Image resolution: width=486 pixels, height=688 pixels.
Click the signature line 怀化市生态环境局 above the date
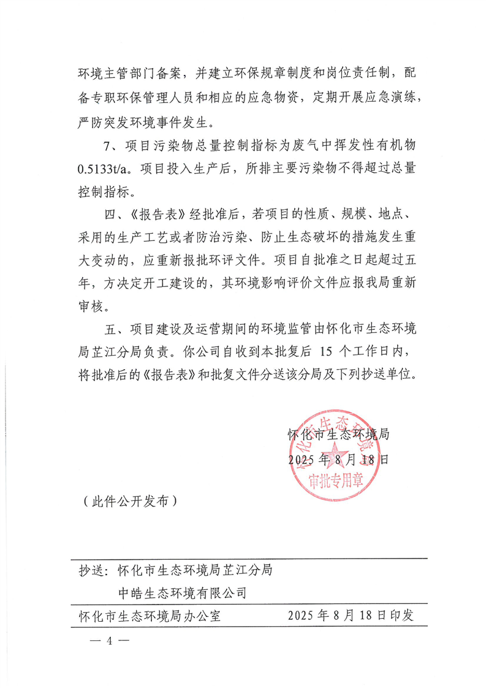point(338,435)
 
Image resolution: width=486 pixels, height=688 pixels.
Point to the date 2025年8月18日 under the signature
point(338,459)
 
